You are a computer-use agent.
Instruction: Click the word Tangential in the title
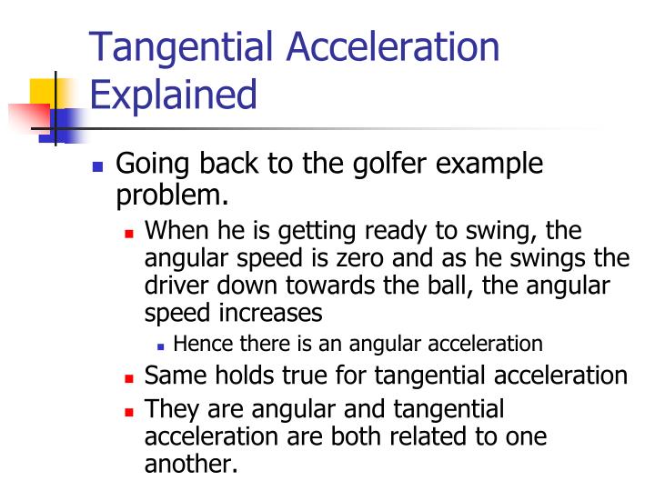[176, 46]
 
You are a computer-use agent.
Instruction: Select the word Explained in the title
[173, 95]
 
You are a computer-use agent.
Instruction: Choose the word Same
[175, 375]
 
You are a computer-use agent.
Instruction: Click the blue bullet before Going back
[99, 167]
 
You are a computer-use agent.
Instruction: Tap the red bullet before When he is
[129, 233]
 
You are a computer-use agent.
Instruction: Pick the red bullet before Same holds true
[129, 376]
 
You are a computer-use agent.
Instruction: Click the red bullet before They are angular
[129, 410]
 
